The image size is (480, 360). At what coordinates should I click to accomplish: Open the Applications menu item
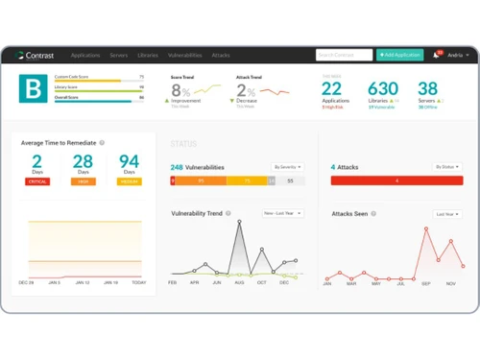point(85,56)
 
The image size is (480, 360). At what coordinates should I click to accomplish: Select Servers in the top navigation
point(119,56)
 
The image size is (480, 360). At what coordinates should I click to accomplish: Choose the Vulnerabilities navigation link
point(184,56)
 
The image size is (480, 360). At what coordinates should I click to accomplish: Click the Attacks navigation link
point(221,56)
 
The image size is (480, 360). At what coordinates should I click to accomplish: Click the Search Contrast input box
point(343,55)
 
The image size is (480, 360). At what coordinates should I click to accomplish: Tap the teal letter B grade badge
point(32,91)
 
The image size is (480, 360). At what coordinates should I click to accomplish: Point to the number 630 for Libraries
point(382,89)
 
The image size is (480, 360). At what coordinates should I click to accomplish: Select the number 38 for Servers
point(428,89)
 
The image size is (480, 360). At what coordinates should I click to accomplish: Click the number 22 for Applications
point(332,89)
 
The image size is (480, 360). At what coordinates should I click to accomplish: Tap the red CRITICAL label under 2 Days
point(36,181)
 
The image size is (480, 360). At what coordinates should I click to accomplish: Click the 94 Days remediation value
point(129,161)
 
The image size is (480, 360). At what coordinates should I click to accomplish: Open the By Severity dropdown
point(287,167)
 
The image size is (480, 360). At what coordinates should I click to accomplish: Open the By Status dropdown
point(447,167)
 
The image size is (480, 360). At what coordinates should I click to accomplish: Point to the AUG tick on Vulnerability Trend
point(238,283)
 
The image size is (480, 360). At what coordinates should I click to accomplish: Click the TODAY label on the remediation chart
point(139,283)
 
